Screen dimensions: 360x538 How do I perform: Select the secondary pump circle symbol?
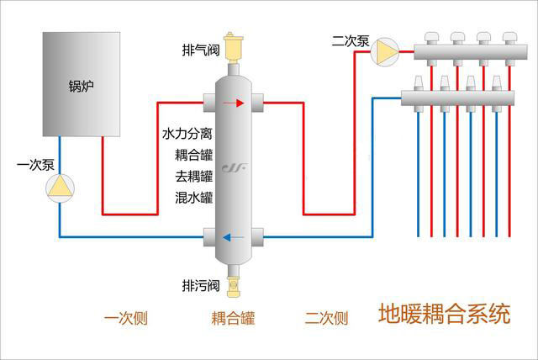click(x=387, y=52)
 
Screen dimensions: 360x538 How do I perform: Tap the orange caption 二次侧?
click(x=326, y=318)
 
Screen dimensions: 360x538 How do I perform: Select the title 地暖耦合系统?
click(x=445, y=315)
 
